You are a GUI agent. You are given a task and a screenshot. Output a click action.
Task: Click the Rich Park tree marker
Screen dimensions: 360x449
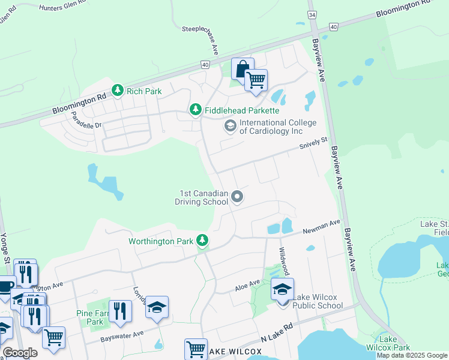[118, 91]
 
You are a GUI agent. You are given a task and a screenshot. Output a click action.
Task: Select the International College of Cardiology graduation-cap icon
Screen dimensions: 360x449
[229, 126]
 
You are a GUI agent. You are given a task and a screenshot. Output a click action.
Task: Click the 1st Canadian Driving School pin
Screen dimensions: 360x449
[237, 197]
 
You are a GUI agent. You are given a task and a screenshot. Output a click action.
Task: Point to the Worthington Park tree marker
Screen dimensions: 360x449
[203, 241]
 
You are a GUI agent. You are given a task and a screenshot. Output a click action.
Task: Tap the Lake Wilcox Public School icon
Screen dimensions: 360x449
[282, 290]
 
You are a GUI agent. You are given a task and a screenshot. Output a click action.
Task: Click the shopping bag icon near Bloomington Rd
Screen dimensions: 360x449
[243, 68]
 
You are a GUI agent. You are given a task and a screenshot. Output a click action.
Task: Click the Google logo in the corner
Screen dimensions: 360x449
[20, 353]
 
